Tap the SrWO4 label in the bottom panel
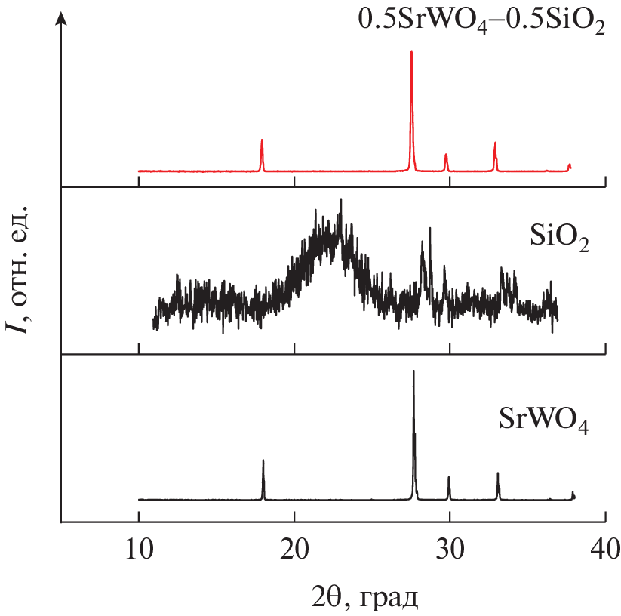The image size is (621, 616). [544, 419]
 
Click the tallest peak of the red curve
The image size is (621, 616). [411, 52]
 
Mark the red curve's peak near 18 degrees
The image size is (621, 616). [262, 140]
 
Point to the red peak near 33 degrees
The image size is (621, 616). [495, 143]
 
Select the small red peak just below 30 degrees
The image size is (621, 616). [446, 155]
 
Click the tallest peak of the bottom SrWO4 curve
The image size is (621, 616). [413, 371]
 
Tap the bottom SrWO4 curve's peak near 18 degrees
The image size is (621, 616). [263, 460]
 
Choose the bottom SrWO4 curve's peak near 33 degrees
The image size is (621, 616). [498, 474]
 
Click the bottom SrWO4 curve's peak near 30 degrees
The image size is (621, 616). [449, 478]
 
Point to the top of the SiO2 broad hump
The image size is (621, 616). [341, 200]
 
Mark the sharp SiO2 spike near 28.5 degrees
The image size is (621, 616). [430, 229]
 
